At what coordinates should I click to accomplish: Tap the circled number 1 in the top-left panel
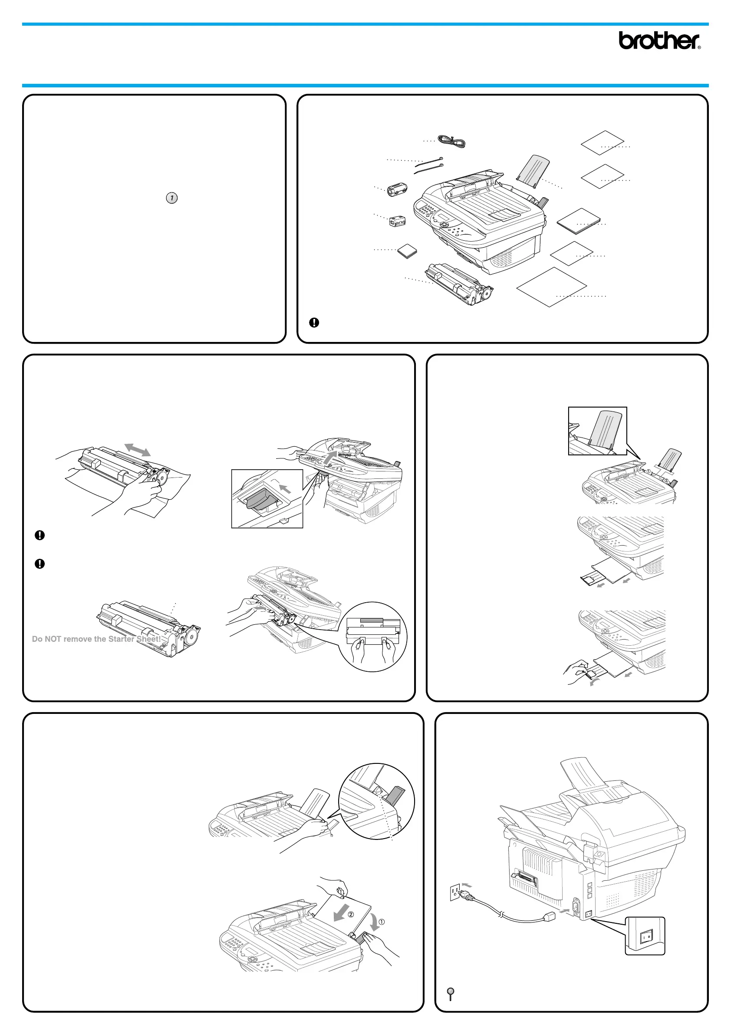171,198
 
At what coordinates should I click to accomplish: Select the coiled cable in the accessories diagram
451,142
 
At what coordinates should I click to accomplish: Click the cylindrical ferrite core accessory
397,189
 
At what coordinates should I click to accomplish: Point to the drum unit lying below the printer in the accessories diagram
458,285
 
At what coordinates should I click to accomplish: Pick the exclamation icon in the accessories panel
314,322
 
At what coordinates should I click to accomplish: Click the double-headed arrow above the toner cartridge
137,449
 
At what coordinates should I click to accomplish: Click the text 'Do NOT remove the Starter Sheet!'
96,639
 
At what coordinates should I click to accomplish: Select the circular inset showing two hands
373,637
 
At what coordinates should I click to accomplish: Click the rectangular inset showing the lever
267,498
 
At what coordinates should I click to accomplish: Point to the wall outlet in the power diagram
455,892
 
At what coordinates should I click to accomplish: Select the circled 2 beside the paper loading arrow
351,914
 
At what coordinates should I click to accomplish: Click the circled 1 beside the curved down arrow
382,922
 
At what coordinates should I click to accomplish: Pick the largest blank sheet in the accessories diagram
551,287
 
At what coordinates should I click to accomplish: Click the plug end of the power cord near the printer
551,916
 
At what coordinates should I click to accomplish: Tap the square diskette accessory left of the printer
407,251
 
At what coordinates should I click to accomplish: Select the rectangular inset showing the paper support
597,431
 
